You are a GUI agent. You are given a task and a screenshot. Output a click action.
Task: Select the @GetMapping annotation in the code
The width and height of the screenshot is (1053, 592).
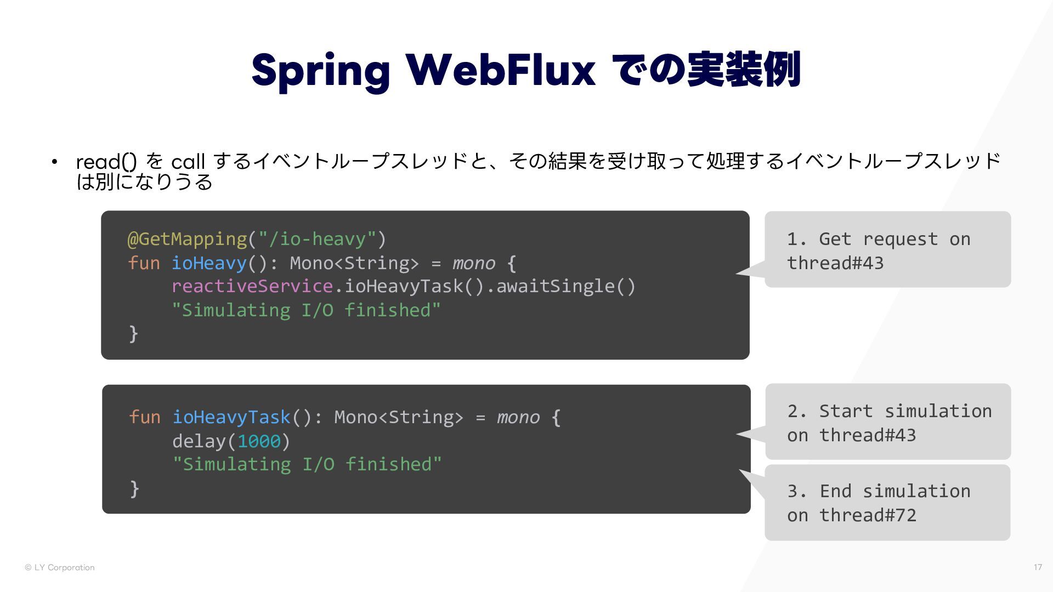click(x=187, y=239)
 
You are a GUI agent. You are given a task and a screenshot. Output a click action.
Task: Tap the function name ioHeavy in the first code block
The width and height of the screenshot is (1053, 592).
click(x=209, y=263)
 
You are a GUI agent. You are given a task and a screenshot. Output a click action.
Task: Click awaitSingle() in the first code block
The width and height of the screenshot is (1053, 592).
click(x=565, y=286)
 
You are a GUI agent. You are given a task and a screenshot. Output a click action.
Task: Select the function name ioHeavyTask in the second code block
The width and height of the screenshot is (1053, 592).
click(x=231, y=417)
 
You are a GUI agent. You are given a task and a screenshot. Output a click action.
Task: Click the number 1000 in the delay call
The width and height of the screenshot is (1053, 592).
click(x=259, y=441)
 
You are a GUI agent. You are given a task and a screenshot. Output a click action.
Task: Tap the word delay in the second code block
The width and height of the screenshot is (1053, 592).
click(x=199, y=441)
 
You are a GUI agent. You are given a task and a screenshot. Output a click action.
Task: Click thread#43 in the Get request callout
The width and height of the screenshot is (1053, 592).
click(x=835, y=263)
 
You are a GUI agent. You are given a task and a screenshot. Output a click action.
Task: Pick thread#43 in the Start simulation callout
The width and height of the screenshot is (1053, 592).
click(x=868, y=435)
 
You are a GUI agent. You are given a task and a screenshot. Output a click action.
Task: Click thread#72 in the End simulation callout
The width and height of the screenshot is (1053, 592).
click(x=868, y=515)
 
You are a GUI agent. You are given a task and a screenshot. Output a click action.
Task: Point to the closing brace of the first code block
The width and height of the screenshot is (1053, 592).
click(x=133, y=333)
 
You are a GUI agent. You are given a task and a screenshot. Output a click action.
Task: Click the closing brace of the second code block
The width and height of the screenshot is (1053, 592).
click(x=134, y=488)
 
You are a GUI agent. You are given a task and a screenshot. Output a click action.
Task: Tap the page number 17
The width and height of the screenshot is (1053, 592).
click(x=1038, y=567)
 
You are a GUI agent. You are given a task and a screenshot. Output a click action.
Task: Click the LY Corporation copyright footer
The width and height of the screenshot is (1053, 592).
click(x=60, y=567)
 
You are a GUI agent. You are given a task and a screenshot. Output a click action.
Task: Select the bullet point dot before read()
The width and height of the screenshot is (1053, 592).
click(x=54, y=162)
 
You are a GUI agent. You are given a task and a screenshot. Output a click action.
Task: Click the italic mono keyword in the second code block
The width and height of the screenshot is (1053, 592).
click(x=518, y=417)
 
